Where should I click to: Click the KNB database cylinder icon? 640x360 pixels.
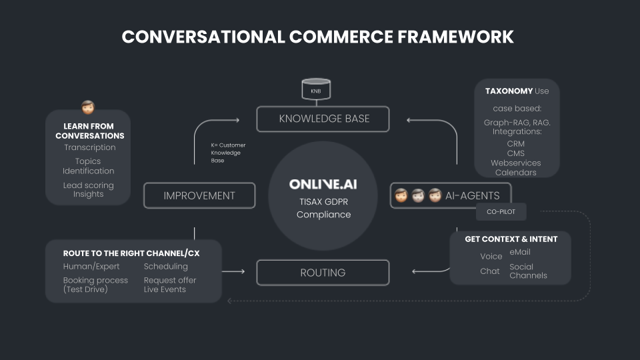[316, 89]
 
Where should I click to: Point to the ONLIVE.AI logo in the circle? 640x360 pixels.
[323, 185]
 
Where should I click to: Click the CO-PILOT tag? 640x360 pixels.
[501, 212]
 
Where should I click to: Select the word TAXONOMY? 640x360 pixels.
[509, 91]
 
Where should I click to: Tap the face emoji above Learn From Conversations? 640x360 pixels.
[88, 107]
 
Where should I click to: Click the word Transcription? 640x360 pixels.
[90, 147]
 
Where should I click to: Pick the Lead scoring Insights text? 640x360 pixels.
[89, 189]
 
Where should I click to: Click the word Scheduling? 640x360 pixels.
[166, 267]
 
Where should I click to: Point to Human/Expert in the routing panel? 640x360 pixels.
[91, 267]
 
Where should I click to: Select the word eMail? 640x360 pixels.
[520, 252]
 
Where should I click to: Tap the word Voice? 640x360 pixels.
[491, 256]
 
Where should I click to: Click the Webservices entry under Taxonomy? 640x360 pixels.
[516, 163]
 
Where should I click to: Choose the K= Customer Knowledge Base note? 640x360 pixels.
[228, 153]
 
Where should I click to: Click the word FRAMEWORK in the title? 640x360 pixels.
[455, 37]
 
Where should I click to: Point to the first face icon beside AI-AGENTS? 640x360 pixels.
[401, 195]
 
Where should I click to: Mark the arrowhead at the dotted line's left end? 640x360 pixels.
[229, 301]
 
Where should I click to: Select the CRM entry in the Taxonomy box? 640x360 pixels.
[516, 144]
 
